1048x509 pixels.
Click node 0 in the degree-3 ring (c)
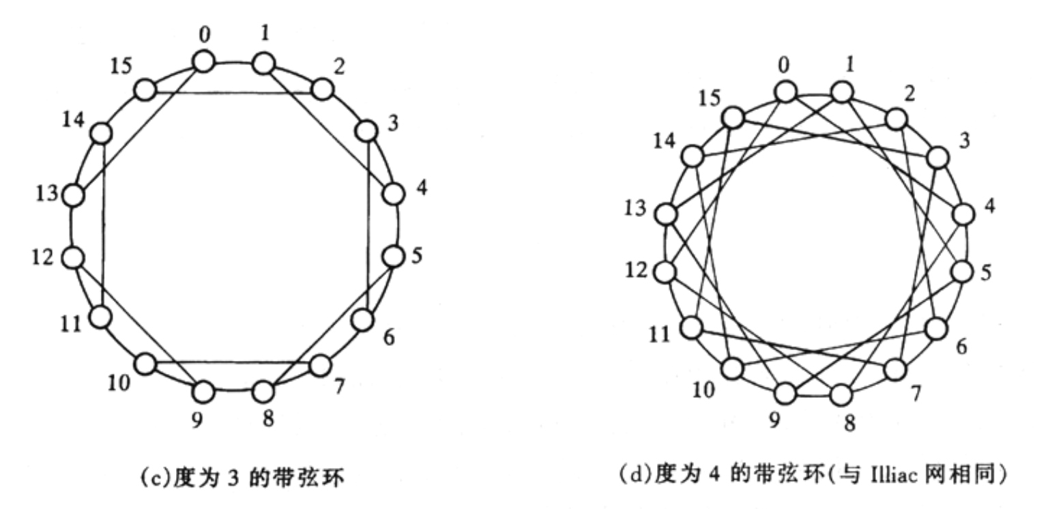[x=204, y=61]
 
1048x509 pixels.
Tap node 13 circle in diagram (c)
[x=74, y=195]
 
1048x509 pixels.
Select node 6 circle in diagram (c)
[x=362, y=320]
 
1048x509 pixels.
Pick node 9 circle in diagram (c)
[x=204, y=392]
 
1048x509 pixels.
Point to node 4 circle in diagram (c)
[x=394, y=194]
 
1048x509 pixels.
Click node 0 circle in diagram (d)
[x=785, y=91]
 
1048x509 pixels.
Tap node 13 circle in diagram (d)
[x=665, y=214]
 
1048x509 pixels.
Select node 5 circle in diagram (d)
[x=963, y=272]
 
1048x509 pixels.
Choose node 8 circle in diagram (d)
[x=841, y=395]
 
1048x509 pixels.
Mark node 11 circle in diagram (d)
[x=691, y=327]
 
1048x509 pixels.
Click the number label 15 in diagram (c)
[x=121, y=66]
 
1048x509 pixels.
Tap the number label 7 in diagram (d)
[x=916, y=394]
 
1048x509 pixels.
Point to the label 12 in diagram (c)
[x=42, y=257]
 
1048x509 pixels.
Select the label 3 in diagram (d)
[x=964, y=141]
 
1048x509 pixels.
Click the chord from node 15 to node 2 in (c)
[x=233, y=93]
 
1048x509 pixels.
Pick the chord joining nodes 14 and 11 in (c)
[x=102, y=225]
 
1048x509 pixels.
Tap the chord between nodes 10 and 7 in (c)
[x=233, y=362]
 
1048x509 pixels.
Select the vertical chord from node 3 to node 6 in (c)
[x=368, y=225]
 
